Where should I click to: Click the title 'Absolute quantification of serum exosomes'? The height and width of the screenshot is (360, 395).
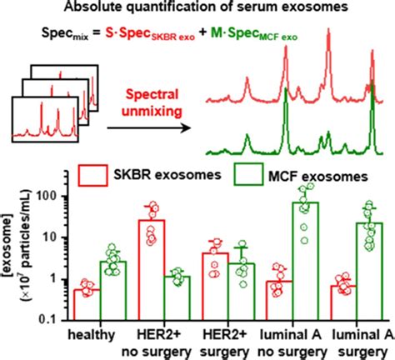coord(197,10)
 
